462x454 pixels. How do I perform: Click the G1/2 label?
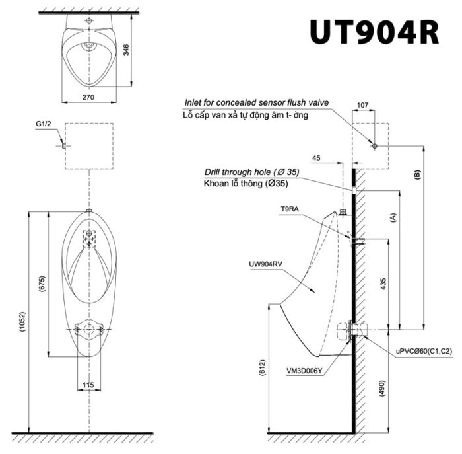46,124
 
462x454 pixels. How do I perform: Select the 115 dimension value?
88,385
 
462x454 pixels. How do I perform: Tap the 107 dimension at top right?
362,104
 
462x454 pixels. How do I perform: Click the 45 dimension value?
316,157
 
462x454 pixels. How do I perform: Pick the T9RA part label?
289,208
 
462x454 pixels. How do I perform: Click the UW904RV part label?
265,264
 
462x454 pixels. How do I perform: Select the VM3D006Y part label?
304,371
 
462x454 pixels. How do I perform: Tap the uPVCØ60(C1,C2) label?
424,352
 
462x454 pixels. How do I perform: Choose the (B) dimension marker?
416,174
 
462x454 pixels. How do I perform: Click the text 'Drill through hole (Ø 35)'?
251,172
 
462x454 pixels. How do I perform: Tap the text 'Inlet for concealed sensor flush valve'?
256,103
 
